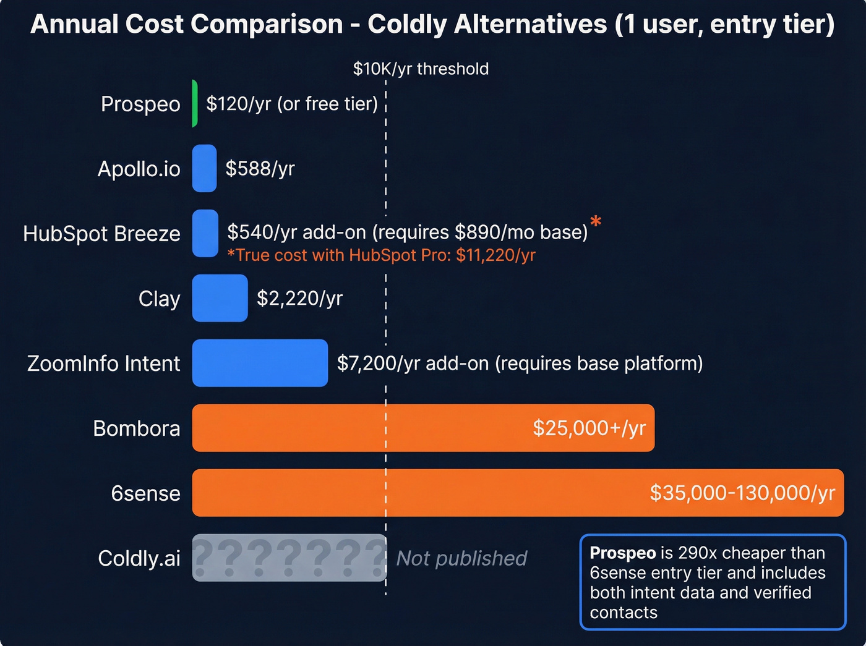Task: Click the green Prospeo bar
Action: (195, 104)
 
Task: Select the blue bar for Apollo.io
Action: (204, 168)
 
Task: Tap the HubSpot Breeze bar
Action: (205, 233)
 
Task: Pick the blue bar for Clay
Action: (220, 298)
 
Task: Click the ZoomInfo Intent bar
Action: (260, 363)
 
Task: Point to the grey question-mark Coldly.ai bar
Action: (289, 558)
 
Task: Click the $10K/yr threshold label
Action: (421, 69)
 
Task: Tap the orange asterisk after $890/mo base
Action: (596, 221)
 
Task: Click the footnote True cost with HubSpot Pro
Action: (381, 255)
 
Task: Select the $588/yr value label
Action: (260, 168)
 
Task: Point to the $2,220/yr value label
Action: (299, 299)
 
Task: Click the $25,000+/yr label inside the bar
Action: (589, 428)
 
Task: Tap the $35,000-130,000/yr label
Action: (742, 493)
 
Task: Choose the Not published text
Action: (461, 558)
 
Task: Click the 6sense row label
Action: (145, 493)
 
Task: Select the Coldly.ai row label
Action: (139, 558)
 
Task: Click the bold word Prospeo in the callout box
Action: (622, 553)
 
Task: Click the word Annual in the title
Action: (74, 25)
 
